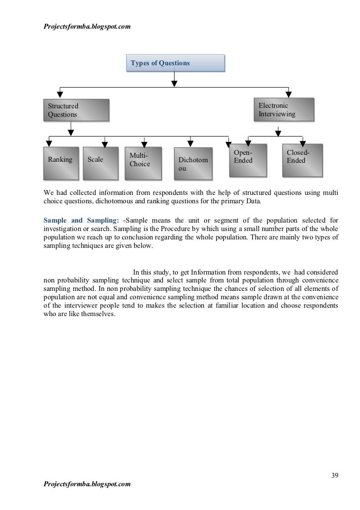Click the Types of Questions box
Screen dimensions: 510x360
click(x=175, y=63)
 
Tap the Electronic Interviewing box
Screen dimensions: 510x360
click(x=284, y=110)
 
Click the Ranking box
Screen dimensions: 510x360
click(x=60, y=162)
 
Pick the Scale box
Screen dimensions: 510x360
click(x=100, y=162)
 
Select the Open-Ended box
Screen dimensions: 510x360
click(x=247, y=159)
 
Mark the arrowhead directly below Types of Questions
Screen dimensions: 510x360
click(x=175, y=83)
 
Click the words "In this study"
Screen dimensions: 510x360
click(x=151, y=272)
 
